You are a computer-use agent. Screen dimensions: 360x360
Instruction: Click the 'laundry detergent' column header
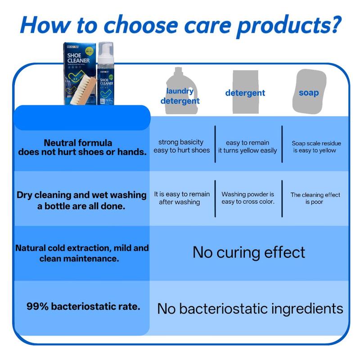pos(180,95)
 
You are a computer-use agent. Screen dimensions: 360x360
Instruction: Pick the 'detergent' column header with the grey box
pos(245,93)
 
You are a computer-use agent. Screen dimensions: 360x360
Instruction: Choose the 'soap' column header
pos(309,93)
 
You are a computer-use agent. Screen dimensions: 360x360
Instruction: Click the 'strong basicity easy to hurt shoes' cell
pos(181,146)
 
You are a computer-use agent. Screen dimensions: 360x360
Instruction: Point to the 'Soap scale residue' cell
pos(315,147)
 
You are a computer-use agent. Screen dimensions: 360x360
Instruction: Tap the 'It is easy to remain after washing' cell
pos(182,198)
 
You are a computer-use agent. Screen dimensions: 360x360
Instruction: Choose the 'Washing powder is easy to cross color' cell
pos(248,198)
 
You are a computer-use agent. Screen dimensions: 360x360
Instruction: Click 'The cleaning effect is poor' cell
pos(315,198)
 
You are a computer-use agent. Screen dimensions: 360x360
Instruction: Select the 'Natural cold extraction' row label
pos(81,253)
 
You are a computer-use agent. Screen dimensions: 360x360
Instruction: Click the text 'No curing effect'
pos(249,252)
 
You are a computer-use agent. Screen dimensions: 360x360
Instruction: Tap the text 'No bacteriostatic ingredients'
pos(250,309)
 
